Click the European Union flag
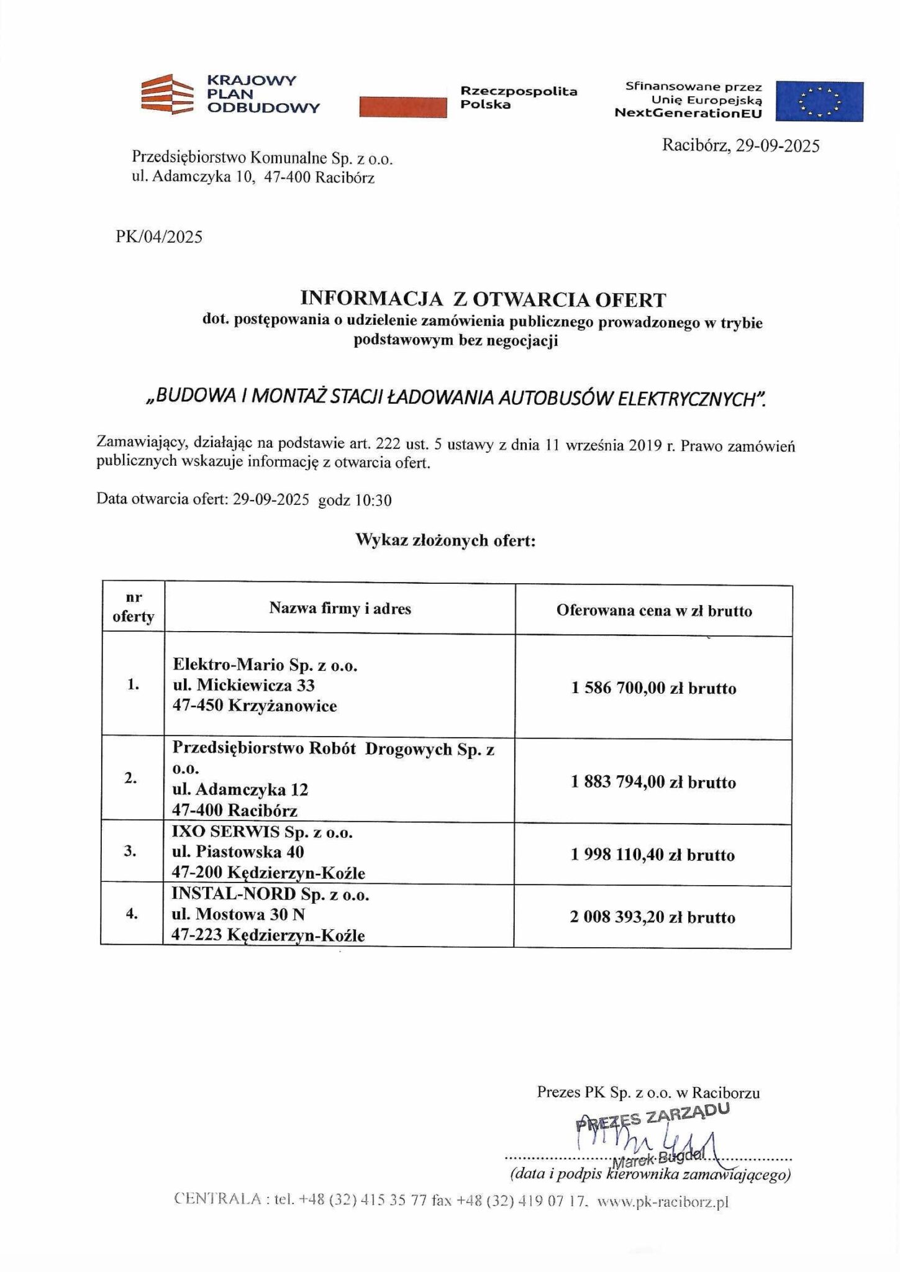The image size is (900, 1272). tap(820, 101)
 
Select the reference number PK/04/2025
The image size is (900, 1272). tap(159, 237)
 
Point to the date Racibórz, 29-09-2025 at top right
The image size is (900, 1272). tap(740, 146)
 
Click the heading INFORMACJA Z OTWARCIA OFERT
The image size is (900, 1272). tap(483, 299)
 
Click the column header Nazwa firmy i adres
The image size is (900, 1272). tap(340, 609)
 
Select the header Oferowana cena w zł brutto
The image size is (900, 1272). tap(654, 611)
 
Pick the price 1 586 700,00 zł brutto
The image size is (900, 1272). tap(653, 688)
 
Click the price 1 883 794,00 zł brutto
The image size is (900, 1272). tap(653, 782)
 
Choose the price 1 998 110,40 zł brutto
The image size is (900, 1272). tap(653, 855)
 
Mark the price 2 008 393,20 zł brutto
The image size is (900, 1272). tap(652, 917)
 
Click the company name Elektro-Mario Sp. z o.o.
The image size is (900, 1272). tap(265, 665)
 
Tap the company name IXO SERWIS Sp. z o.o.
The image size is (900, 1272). tap(262, 832)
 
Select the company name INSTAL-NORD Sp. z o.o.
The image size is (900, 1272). tap(270, 895)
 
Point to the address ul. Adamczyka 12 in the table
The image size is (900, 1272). tap(240, 790)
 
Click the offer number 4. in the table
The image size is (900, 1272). tap(132, 914)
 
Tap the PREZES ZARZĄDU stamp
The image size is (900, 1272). tap(652, 1117)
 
